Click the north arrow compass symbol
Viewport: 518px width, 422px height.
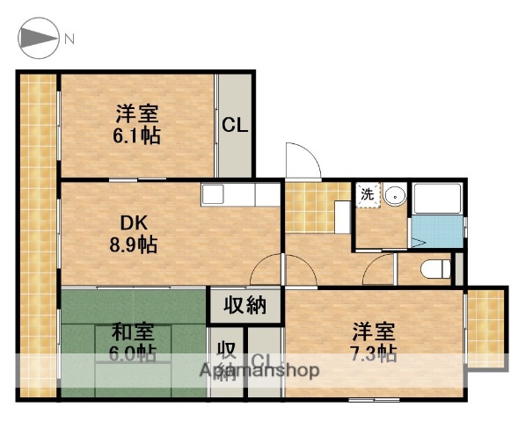pyautogui.click(x=39, y=39)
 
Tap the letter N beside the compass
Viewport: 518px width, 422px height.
pyautogui.click(x=69, y=40)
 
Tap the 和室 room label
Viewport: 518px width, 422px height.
pyautogui.click(x=134, y=333)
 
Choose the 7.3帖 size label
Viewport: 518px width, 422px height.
pyautogui.click(x=375, y=353)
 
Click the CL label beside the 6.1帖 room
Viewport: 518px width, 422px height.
pyautogui.click(x=234, y=126)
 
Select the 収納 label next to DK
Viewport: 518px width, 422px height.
pyautogui.click(x=244, y=306)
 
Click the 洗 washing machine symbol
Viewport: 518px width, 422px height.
pyautogui.click(x=366, y=194)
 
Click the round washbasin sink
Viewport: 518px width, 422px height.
pyautogui.click(x=393, y=195)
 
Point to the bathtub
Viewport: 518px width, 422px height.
pyautogui.click(x=436, y=201)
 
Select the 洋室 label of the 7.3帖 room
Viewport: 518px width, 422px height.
pyautogui.click(x=375, y=332)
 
